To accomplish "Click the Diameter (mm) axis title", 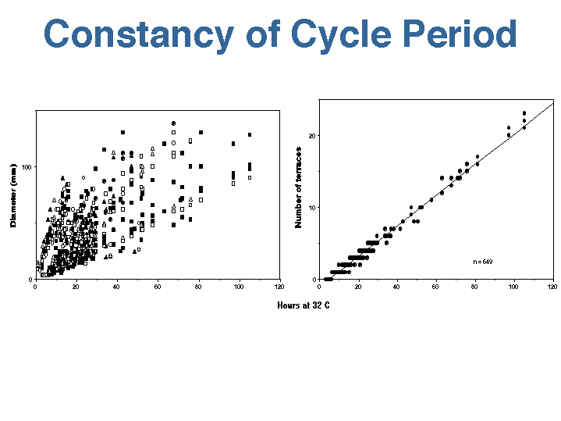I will pyautogui.click(x=13, y=195).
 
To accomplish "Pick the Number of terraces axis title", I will pyautogui.click(x=298, y=187).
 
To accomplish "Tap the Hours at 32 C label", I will pyautogui.click(x=303, y=305).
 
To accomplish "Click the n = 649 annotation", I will pyautogui.click(x=482, y=262).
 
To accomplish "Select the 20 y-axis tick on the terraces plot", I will pyautogui.click(x=312, y=136).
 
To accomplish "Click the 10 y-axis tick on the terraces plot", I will pyautogui.click(x=312, y=208).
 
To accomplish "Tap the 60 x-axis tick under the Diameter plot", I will pyautogui.click(x=157, y=286).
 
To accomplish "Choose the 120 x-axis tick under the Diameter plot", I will pyautogui.click(x=279, y=286).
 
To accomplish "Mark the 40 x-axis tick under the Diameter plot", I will pyautogui.click(x=116, y=286).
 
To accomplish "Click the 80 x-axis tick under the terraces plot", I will pyautogui.click(x=474, y=286).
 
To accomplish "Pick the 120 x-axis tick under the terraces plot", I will pyautogui.click(x=552, y=286).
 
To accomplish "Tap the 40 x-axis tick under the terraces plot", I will pyautogui.click(x=397, y=286).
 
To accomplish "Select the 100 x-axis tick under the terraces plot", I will pyautogui.click(x=513, y=286).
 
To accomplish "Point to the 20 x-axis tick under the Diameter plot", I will pyautogui.click(x=76, y=286).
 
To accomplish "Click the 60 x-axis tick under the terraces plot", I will pyautogui.click(x=436, y=286).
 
